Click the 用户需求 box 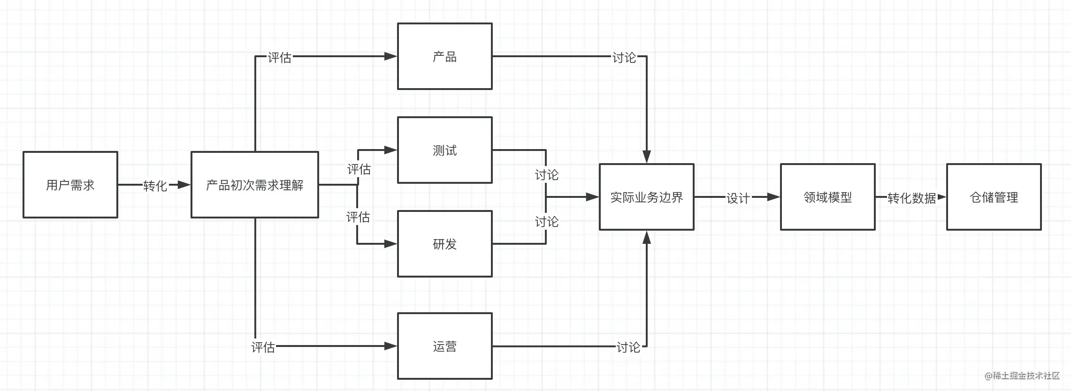[70, 185]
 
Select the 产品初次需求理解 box [255, 185]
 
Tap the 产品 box [444, 56]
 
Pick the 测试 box [444, 150]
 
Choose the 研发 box [444, 244]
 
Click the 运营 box [444, 346]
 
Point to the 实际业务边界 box [646, 197]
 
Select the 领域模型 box [827, 197]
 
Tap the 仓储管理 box [994, 197]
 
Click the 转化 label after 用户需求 [155, 186]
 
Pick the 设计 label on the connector [738, 198]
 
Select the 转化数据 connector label [911, 198]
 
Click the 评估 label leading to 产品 [280, 57]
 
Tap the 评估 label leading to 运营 [263, 347]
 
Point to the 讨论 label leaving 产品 [624, 57]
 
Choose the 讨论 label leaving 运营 [628, 347]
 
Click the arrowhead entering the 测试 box [390, 150]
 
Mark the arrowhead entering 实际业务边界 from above [647, 157]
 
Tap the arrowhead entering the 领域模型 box [773, 197]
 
